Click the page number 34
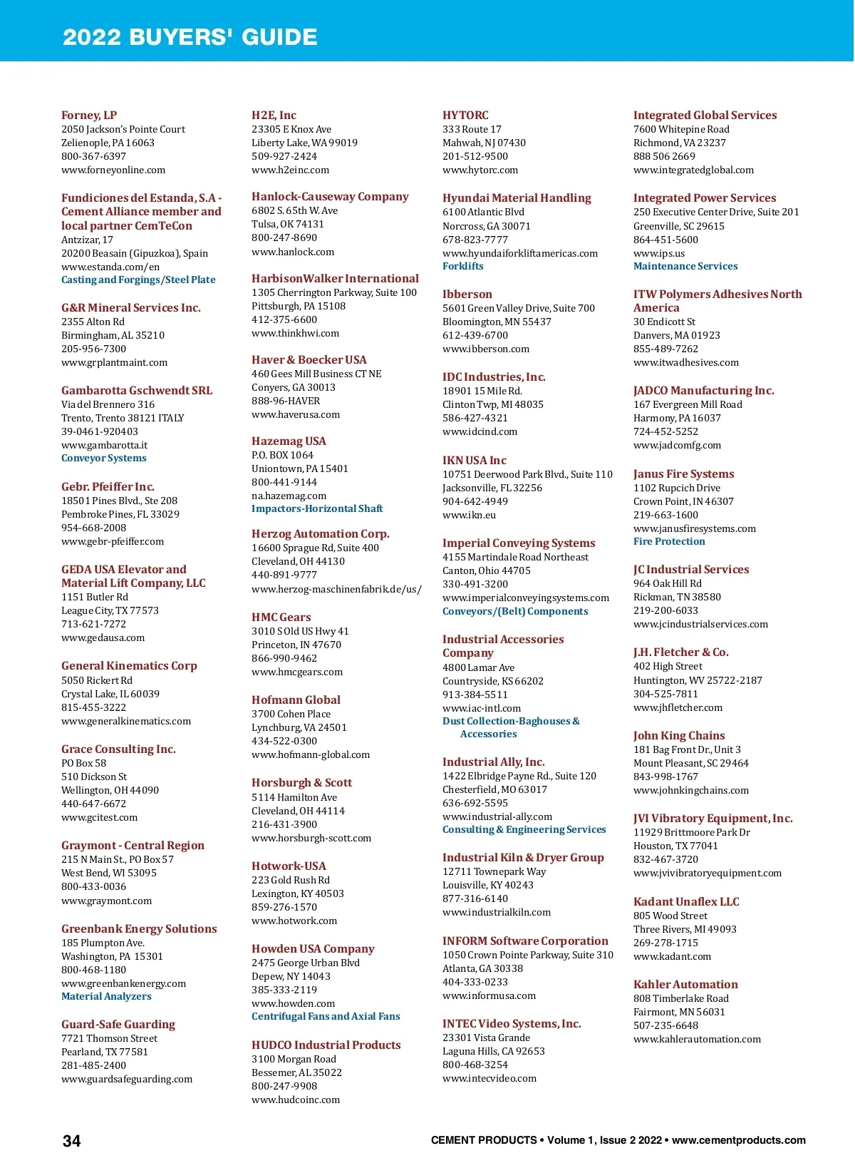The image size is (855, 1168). pyautogui.click(x=72, y=1141)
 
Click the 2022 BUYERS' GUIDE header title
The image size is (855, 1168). pyautogui.click(x=190, y=37)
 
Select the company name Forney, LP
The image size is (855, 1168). pyautogui.click(x=89, y=115)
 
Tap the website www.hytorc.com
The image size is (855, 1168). pyautogui.click(x=480, y=170)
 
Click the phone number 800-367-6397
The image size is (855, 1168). pyautogui.click(x=93, y=156)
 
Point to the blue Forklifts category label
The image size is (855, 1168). pyautogui.click(x=463, y=266)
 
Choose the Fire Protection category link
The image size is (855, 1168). pyautogui.click(x=669, y=541)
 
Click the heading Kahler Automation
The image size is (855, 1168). pyautogui.click(x=685, y=984)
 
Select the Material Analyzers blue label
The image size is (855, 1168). pyautogui.click(x=106, y=996)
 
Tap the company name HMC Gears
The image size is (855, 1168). pyautogui.click(x=281, y=617)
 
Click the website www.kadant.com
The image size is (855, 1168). pyautogui.click(x=672, y=956)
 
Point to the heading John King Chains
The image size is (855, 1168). pyautogui.click(x=679, y=735)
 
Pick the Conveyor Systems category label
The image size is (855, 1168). pyautogui.click(x=104, y=458)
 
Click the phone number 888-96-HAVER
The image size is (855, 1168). pyautogui.click(x=286, y=401)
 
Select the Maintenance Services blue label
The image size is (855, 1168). pyautogui.click(x=685, y=266)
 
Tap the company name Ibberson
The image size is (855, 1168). pyautogui.click(x=467, y=294)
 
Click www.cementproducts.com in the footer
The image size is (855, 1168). pyautogui.click(x=739, y=1140)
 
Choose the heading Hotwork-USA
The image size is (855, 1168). pyautogui.click(x=289, y=866)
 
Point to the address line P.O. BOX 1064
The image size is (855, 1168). pyautogui.click(x=282, y=455)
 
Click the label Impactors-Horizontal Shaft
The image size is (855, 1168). pyautogui.click(x=317, y=508)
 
